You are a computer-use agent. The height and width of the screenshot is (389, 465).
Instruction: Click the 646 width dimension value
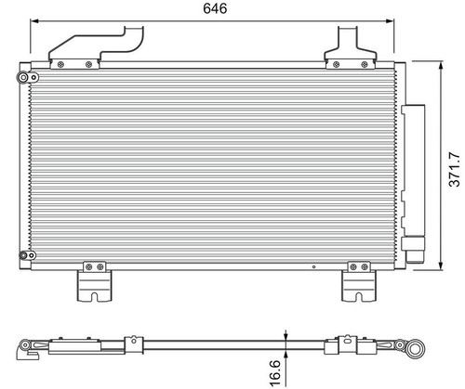point(215,8)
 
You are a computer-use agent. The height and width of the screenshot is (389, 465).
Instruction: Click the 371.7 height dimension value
point(455,169)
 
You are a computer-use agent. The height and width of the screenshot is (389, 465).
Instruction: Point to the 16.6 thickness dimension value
point(275,373)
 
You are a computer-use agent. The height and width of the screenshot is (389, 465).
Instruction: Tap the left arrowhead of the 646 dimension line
point(34,21)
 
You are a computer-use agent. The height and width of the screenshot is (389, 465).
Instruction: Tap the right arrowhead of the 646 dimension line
point(390,21)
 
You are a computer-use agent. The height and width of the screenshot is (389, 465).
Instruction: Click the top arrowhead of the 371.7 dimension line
point(441,65)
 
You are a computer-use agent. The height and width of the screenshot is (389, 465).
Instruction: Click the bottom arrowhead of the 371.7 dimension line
point(441,266)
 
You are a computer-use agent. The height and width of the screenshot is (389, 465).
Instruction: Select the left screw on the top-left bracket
point(60,64)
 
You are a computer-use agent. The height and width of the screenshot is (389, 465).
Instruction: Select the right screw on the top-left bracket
point(89,64)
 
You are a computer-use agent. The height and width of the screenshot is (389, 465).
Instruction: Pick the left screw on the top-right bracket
point(336,64)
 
